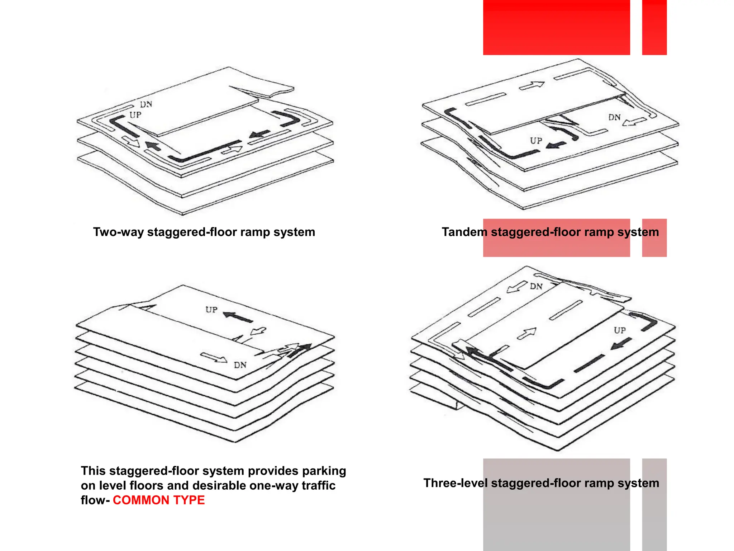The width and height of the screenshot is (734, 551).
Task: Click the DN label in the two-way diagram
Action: (x=146, y=104)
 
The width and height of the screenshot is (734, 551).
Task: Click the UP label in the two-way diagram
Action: (x=135, y=115)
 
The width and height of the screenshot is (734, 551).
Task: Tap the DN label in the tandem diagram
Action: (x=614, y=117)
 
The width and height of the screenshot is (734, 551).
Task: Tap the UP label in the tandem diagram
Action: (x=536, y=141)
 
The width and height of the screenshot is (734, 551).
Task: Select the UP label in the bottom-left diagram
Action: (x=211, y=310)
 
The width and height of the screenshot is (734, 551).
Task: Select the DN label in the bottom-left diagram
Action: (x=240, y=365)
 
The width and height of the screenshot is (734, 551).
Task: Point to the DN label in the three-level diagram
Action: (x=536, y=286)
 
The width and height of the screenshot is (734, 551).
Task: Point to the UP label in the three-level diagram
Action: (x=620, y=330)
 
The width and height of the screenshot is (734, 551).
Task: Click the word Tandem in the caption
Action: (x=464, y=232)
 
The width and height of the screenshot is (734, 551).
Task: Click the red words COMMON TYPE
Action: (x=159, y=500)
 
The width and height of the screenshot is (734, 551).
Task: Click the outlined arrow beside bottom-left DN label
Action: (x=214, y=358)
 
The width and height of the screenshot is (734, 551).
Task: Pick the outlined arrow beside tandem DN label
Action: (x=634, y=122)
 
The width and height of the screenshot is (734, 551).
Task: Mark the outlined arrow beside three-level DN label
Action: (x=517, y=287)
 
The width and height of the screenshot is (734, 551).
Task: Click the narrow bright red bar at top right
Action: (x=654, y=27)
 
